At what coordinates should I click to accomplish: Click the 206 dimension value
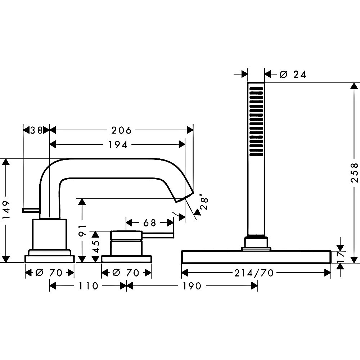tap(121, 130)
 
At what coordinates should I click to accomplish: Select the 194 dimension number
tap(118, 145)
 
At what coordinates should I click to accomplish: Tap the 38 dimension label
tap(37, 130)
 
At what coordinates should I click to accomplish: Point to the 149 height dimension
tap(6, 210)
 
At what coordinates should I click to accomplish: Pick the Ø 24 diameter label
tap(293, 75)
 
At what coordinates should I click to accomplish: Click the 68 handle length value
tap(150, 223)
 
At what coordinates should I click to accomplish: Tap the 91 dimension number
tap(82, 230)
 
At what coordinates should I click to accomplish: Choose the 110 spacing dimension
tap(89, 286)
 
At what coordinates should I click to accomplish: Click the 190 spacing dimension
tap(192, 286)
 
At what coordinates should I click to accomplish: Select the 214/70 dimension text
tap(254, 273)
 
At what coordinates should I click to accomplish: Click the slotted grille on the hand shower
tap(256, 121)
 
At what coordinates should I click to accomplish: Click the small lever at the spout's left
tap(31, 210)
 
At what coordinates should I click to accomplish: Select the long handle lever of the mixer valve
tap(158, 235)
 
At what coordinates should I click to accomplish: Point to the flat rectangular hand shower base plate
tap(256, 257)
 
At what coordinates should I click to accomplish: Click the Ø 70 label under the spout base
tap(49, 273)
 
